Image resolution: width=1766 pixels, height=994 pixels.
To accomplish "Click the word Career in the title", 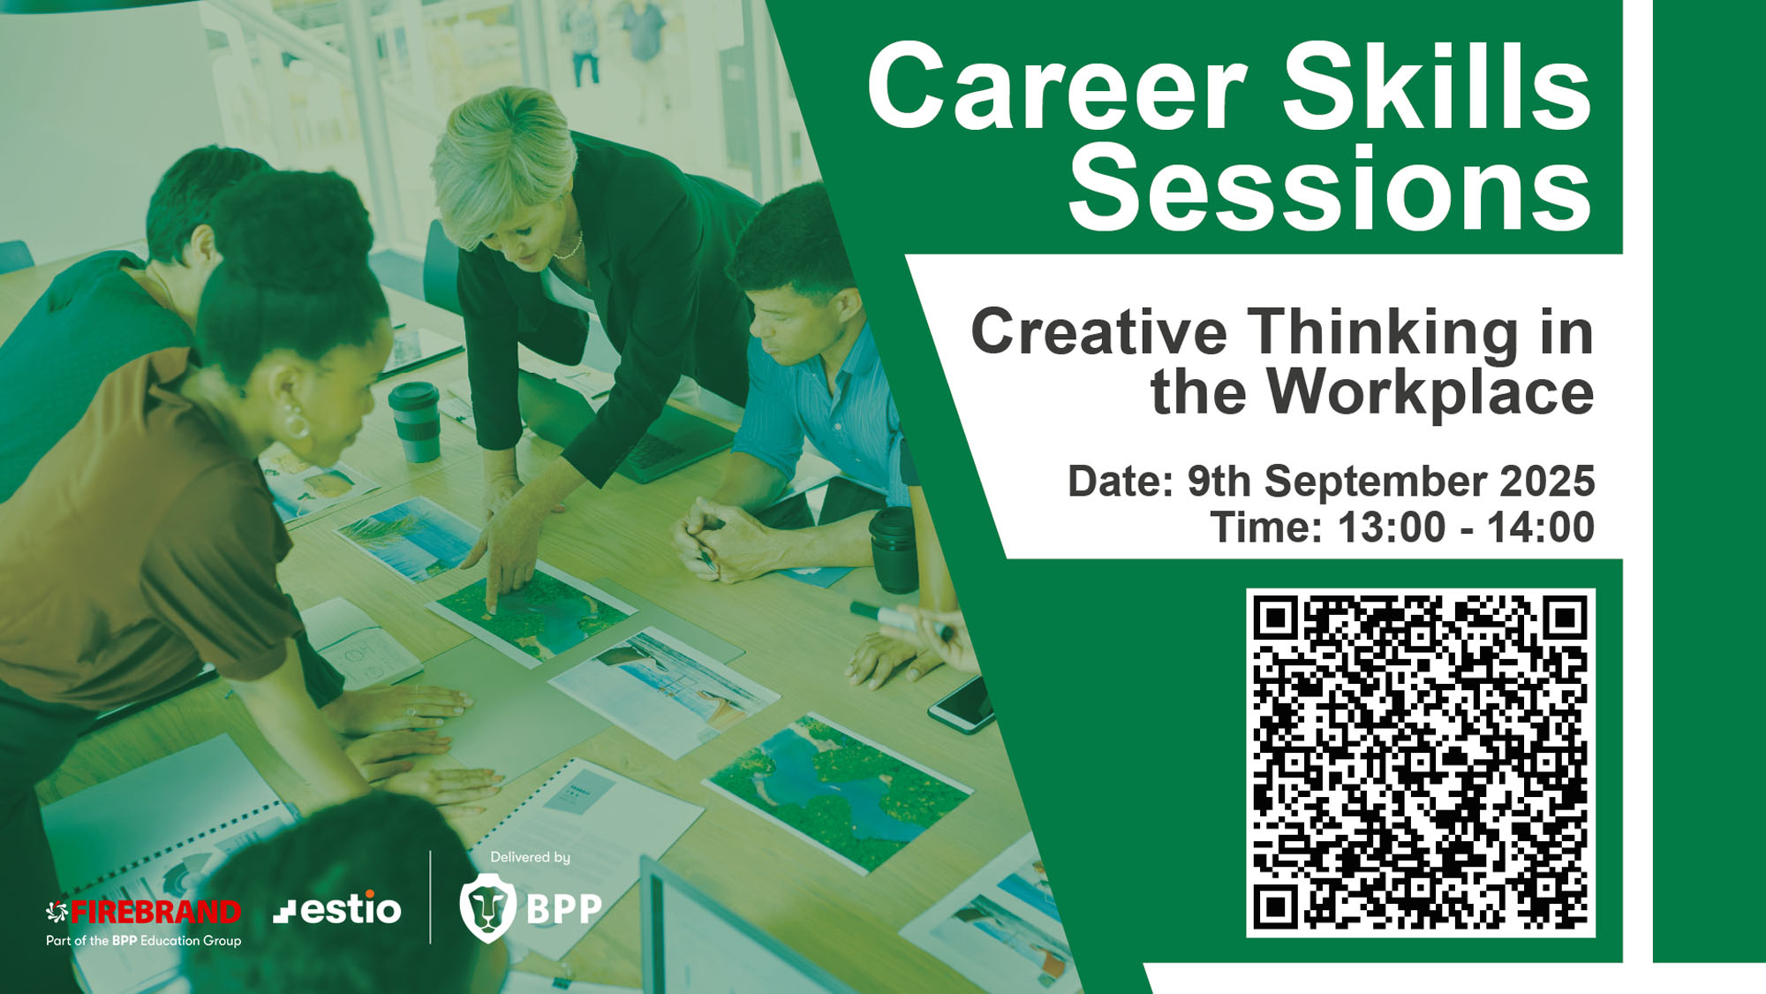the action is [1057, 86].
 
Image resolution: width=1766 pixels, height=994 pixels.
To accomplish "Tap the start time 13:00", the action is [1392, 527].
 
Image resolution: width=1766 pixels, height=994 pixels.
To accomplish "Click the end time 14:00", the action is [1541, 527].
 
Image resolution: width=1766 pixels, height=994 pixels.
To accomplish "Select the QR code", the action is [1420, 763].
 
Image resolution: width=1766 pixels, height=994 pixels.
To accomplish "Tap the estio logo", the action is [337, 909].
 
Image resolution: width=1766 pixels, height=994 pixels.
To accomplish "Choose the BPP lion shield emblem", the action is [487, 907].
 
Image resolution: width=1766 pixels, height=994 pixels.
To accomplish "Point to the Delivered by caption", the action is [530, 857].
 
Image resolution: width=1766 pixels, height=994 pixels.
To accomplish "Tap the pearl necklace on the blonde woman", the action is [570, 247].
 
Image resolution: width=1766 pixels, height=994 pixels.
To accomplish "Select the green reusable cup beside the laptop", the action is [415, 421].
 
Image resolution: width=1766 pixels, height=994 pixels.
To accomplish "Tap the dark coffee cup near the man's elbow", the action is [894, 550].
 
